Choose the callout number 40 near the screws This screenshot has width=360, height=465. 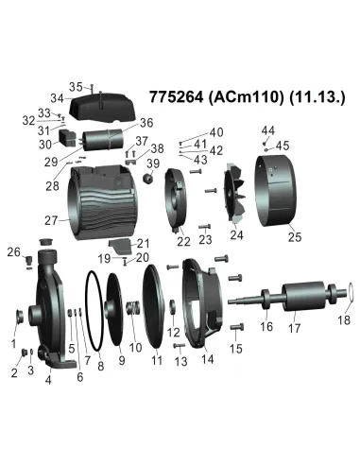point(216,131)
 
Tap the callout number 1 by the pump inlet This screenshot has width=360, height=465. point(12,343)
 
